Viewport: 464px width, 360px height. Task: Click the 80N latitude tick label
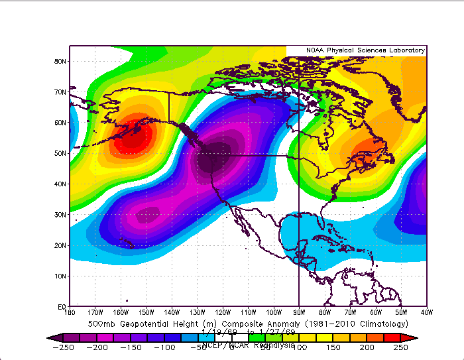[x=60, y=62]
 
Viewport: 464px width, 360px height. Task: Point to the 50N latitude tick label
[x=60, y=153]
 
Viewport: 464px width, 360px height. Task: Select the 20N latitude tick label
[x=60, y=245]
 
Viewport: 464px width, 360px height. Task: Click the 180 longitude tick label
[x=70, y=312]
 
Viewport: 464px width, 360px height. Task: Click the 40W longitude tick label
[x=424, y=312]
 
